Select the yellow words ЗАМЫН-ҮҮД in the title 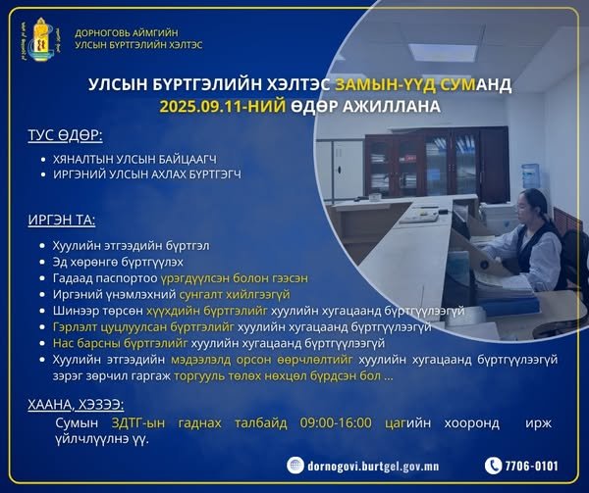point(373,84)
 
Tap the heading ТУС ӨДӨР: point(66,135)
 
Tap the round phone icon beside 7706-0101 point(494,466)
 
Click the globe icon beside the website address point(296,466)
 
